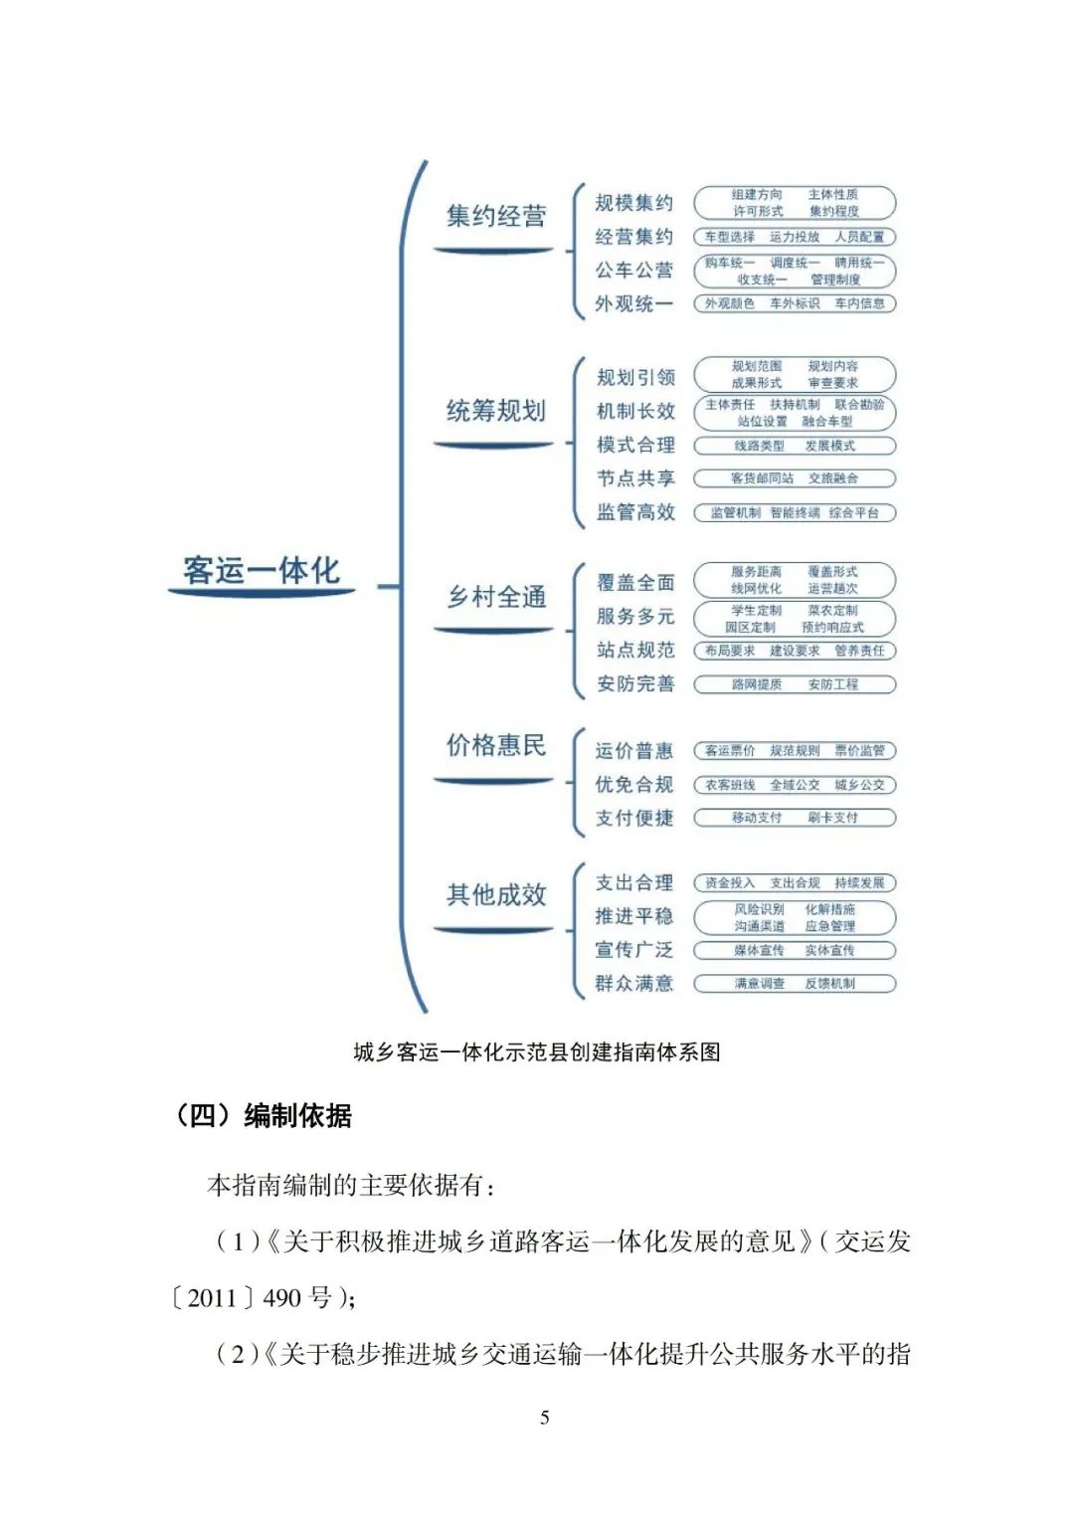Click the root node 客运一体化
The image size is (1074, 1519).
pyautogui.click(x=262, y=571)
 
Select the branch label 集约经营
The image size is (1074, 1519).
pyautogui.click(x=495, y=217)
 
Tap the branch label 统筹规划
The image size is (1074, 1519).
pyautogui.click(x=495, y=411)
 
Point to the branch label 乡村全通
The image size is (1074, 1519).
pyautogui.click(x=495, y=597)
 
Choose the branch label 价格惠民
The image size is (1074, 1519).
pyautogui.click(x=495, y=745)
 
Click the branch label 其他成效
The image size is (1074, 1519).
pyautogui.click(x=495, y=894)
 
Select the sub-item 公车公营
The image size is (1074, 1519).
pyautogui.click(x=634, y=271)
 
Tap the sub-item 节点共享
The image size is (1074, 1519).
pyautogui.click(x=635, y=478)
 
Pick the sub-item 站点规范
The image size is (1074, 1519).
pyautogui.click(x=635, y=651)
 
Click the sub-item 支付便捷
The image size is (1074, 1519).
pyautogui.click(x=634, y=818)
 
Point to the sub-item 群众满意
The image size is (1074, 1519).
pyautogui.click(x=634, y=984)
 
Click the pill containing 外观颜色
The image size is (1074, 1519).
pyautogui.click(x=795, y=303)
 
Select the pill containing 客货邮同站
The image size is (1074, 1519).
pyautogui.click(x=795, y=478)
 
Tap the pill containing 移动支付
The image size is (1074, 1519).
pyautogui.click(x=795, y=818)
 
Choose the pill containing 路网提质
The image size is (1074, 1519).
pyautogui.click(x=795, y=684)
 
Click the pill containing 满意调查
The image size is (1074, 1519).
pyautogui.click(x=795, y=984)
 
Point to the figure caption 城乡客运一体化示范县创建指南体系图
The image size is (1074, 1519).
pyautogui.click(x=537, y=1051)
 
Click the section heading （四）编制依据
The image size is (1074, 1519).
pyautogui.click(x=263, y=1115)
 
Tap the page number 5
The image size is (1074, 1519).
pyautogui.click(x=544, y=1418)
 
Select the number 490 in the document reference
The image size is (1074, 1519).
pyautogui.click(x=281, y=1298)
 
